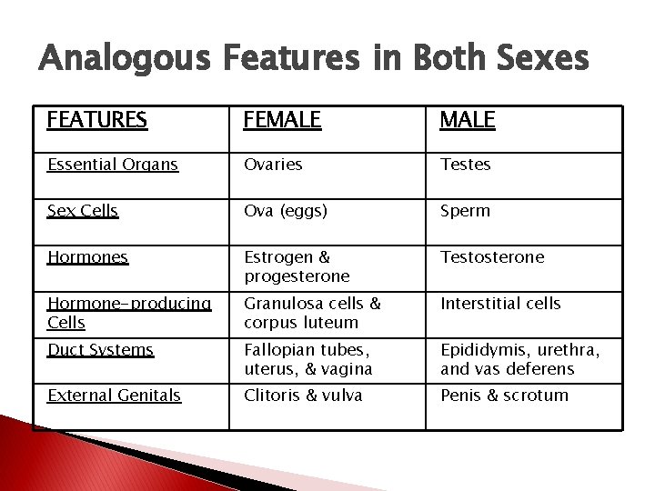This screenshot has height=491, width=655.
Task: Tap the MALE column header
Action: [x=468, y=120]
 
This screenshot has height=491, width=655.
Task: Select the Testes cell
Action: [x=465, y=165]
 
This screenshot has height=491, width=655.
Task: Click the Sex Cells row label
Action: [x=83, y=211]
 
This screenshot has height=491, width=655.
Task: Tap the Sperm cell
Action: [x=465, y=211]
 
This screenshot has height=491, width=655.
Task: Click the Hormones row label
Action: [x=87, y=257]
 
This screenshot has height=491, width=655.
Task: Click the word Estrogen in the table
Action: [x=273, y=257]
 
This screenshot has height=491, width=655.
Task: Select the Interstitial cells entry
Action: [x=500, y=304]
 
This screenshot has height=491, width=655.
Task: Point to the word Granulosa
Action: [x=277, y=304]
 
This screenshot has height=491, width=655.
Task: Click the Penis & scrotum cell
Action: [x=504, y=396]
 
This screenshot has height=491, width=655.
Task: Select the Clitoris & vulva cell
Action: [x=303, y=396]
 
